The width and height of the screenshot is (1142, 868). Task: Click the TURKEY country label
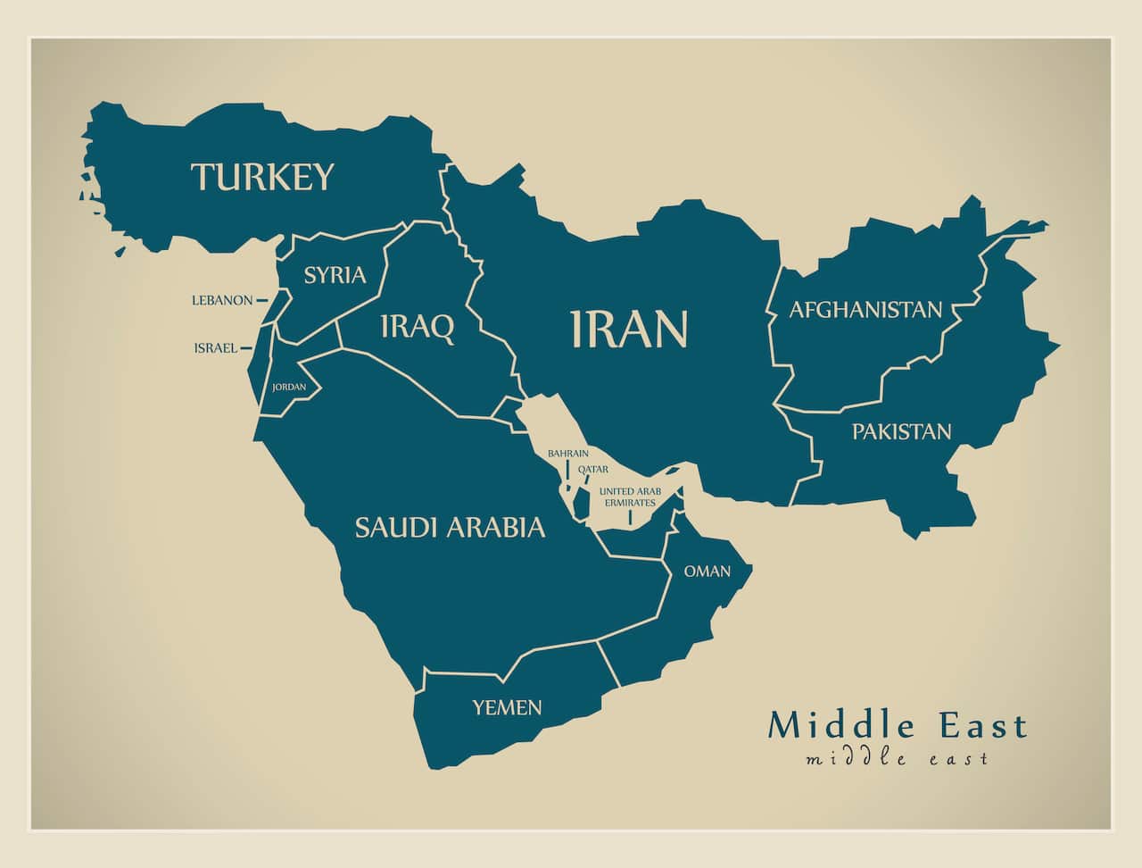pyautogui.click(x=263, y=177)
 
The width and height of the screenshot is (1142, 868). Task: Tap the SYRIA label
pyautogui.click(x=335, y=275)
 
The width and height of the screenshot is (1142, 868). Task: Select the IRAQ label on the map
pyautogui.click(x=417, y=328)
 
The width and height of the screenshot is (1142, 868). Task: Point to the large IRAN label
pyautogui.click(x=629, y=329)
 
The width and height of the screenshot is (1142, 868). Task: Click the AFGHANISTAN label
pyautogui.click(x=865, y=310)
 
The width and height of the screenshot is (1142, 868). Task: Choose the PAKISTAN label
pyautogui.click(x=901, y=432)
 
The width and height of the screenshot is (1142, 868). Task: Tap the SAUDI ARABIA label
pyautogui.click(x=450, y=527)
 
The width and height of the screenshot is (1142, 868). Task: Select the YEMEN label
pyautogui.click(x=507, y=708)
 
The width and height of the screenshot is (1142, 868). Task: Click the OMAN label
pyautogui.click(x=708, y=572)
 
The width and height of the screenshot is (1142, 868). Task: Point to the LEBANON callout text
pyautogui.click(x=222, y=301)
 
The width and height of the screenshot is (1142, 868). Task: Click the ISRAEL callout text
pyautogui.click(x=216, y=348)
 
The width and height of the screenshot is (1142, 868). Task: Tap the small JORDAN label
pyautogui.click(x=289, y=388)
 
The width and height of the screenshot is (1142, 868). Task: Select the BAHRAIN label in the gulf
pyautogui.click(x=568, y=454)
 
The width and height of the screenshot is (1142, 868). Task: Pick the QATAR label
pyautogui.click(x=592, y=469)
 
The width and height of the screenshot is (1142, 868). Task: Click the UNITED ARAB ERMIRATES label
pyautogui.click(x=629, y=497)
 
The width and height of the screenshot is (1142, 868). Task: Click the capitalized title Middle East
pyautogui.click(x=898, y=725)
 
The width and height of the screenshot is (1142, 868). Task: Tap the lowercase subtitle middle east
pyautogui.click(x=897, y=759)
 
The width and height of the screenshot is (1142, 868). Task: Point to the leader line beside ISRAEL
pyautogui.click(x=246, y=348)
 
